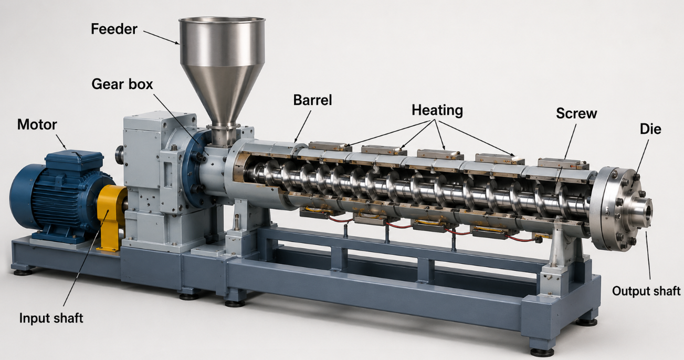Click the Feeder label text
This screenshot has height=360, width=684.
pyautogui.click(x=114, y=29)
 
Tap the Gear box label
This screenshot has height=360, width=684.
pyautogui.click(x=122, y=84)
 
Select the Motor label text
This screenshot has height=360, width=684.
pyautogui.click(x=37, y=124)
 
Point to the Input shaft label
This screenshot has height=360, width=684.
pyautogui.click(x=51, y=318)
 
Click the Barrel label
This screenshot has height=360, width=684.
pyautogui.click(x=312, y=100)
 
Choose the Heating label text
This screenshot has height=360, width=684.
pyautogui.click(x=437, y=111)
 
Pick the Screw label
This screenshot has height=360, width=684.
pyautogui.click(x=576, y=113)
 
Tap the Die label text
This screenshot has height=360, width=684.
pyautogui.click(x=650, y=129)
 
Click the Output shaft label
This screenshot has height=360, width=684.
pyautogui.click(x=646, y=291)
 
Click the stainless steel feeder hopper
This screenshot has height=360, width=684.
pyautogui.click(x=222, y=73)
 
